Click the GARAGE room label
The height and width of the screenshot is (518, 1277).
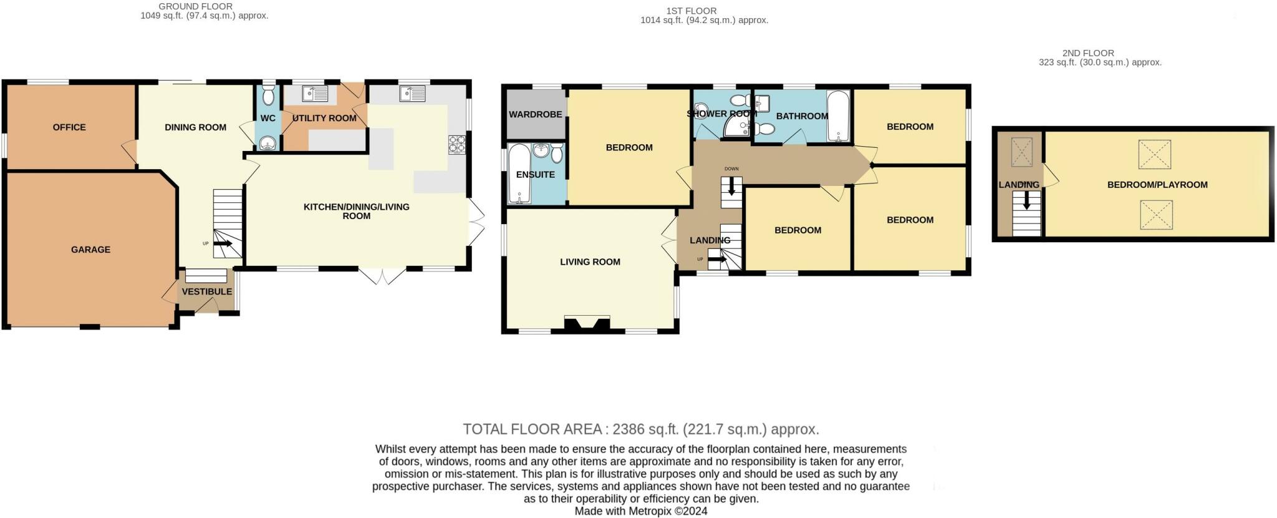point(90,250)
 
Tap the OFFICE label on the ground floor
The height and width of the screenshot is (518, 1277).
point(69,127)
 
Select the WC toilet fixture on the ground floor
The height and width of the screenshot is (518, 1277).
point(268,95)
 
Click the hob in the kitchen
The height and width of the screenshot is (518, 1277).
point(457,145)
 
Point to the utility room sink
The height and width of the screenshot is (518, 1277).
point(316,94)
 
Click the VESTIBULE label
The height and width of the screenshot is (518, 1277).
point(207,291)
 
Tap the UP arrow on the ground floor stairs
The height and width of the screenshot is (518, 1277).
point(223,243)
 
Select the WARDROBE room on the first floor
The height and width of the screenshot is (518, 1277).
point(536,115)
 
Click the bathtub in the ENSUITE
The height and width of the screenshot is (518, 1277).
point(519,174)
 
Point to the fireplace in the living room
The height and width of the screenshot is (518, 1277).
point(587,324)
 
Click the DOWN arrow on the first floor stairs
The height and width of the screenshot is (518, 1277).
point(731,186)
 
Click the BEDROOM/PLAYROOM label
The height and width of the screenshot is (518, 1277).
point(1157,185)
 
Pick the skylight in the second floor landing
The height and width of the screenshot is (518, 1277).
point(1021,152)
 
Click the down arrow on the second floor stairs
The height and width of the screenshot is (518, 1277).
point(1026,200)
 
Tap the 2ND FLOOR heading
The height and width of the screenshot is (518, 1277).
point(1088,54)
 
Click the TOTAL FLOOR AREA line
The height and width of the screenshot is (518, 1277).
point(641,429)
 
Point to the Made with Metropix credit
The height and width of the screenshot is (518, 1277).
point(641,511)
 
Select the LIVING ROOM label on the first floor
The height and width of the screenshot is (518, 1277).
point(590,262)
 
